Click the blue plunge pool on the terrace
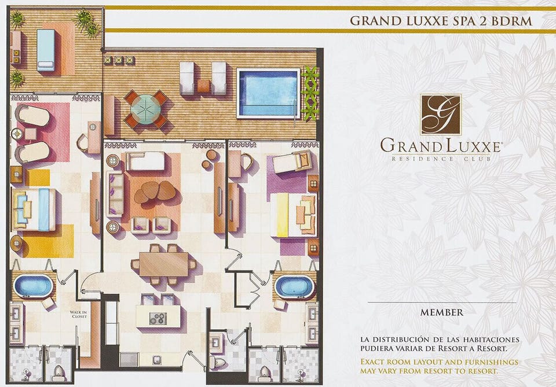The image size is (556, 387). pyautogui.click(x=268, y=93)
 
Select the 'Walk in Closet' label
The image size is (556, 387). pyautogui.click(x=78, y=315)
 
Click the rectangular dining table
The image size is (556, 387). pyautogui.click(x=163, y=264)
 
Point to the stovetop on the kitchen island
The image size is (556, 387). pyautogui.click(x=158, y=318)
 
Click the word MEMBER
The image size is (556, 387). pyautogui.click(x=442, y=312)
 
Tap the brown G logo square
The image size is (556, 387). pyautogui.click(x=441, y=115)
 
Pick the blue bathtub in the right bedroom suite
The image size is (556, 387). pyautogui.click(x=294, y=286)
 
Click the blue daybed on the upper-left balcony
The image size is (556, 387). pyautogui.click(x=46, y=50)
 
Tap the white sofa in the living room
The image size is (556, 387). pyautogui.click(x=145, y=161)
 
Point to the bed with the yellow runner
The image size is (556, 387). pyautogui.click(x=293, y=215)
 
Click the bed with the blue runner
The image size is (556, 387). pyautogui.click(x=34, y=209)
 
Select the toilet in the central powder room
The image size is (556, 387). pyautogui.click(x=217, y=362)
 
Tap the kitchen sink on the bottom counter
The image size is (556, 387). pyautogui.click(x=158, y=360)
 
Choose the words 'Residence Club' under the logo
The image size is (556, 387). pyautogui.click(x=441, y=159)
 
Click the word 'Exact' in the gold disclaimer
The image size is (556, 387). pyautogui.click(x=372, y=362)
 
